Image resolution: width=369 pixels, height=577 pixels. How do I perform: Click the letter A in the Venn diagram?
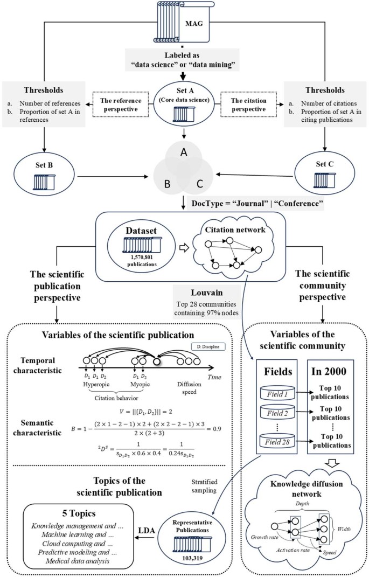point(184,153)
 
